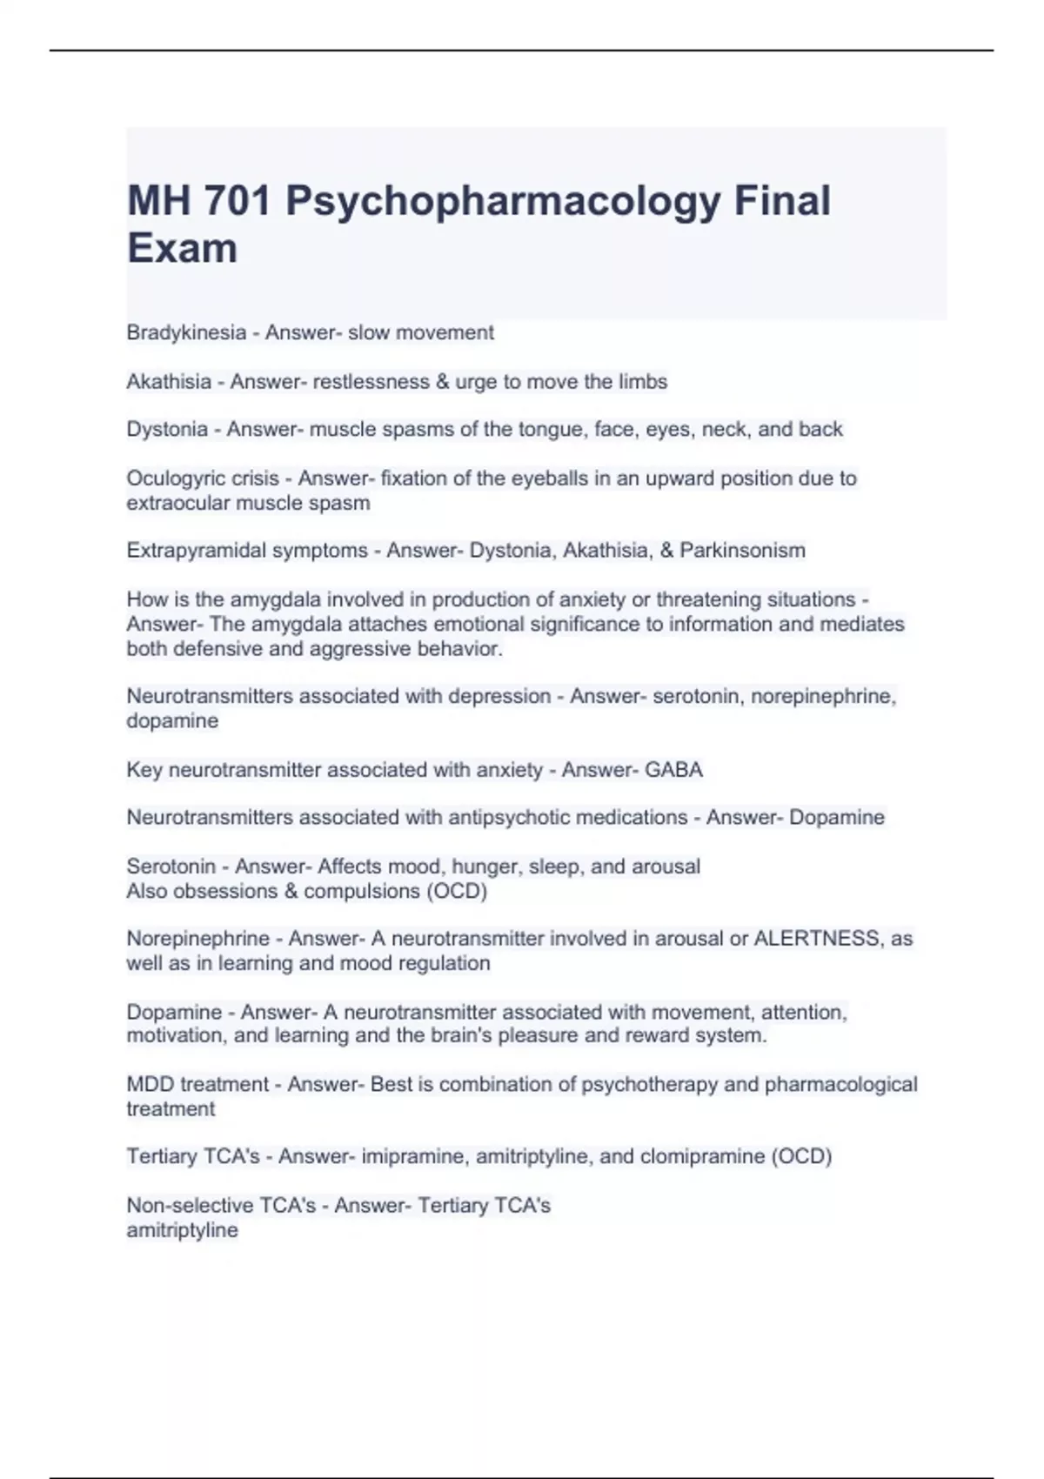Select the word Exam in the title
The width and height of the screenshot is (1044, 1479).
click(x=182, y=249)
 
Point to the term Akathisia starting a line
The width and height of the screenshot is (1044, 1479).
click(x=169, y=381)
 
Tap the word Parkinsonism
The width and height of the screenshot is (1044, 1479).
click(x=742, y=550)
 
